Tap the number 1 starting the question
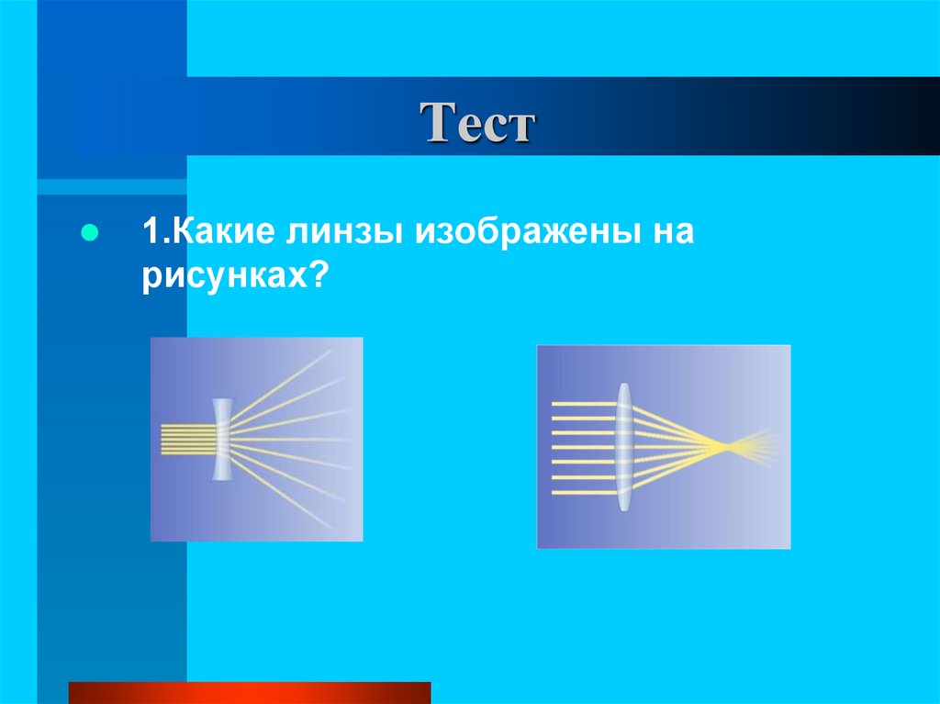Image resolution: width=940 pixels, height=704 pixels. tap(149, 231)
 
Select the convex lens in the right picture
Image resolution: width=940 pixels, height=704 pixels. tap(624, 447)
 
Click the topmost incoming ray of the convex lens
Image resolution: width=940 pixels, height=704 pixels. tap(583, 403)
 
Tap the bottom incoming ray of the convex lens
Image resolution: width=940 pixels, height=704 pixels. tap(583, 492)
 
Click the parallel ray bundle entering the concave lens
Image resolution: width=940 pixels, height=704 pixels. tap(186, 439)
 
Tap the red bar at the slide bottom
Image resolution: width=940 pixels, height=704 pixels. tap(249, 692)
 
